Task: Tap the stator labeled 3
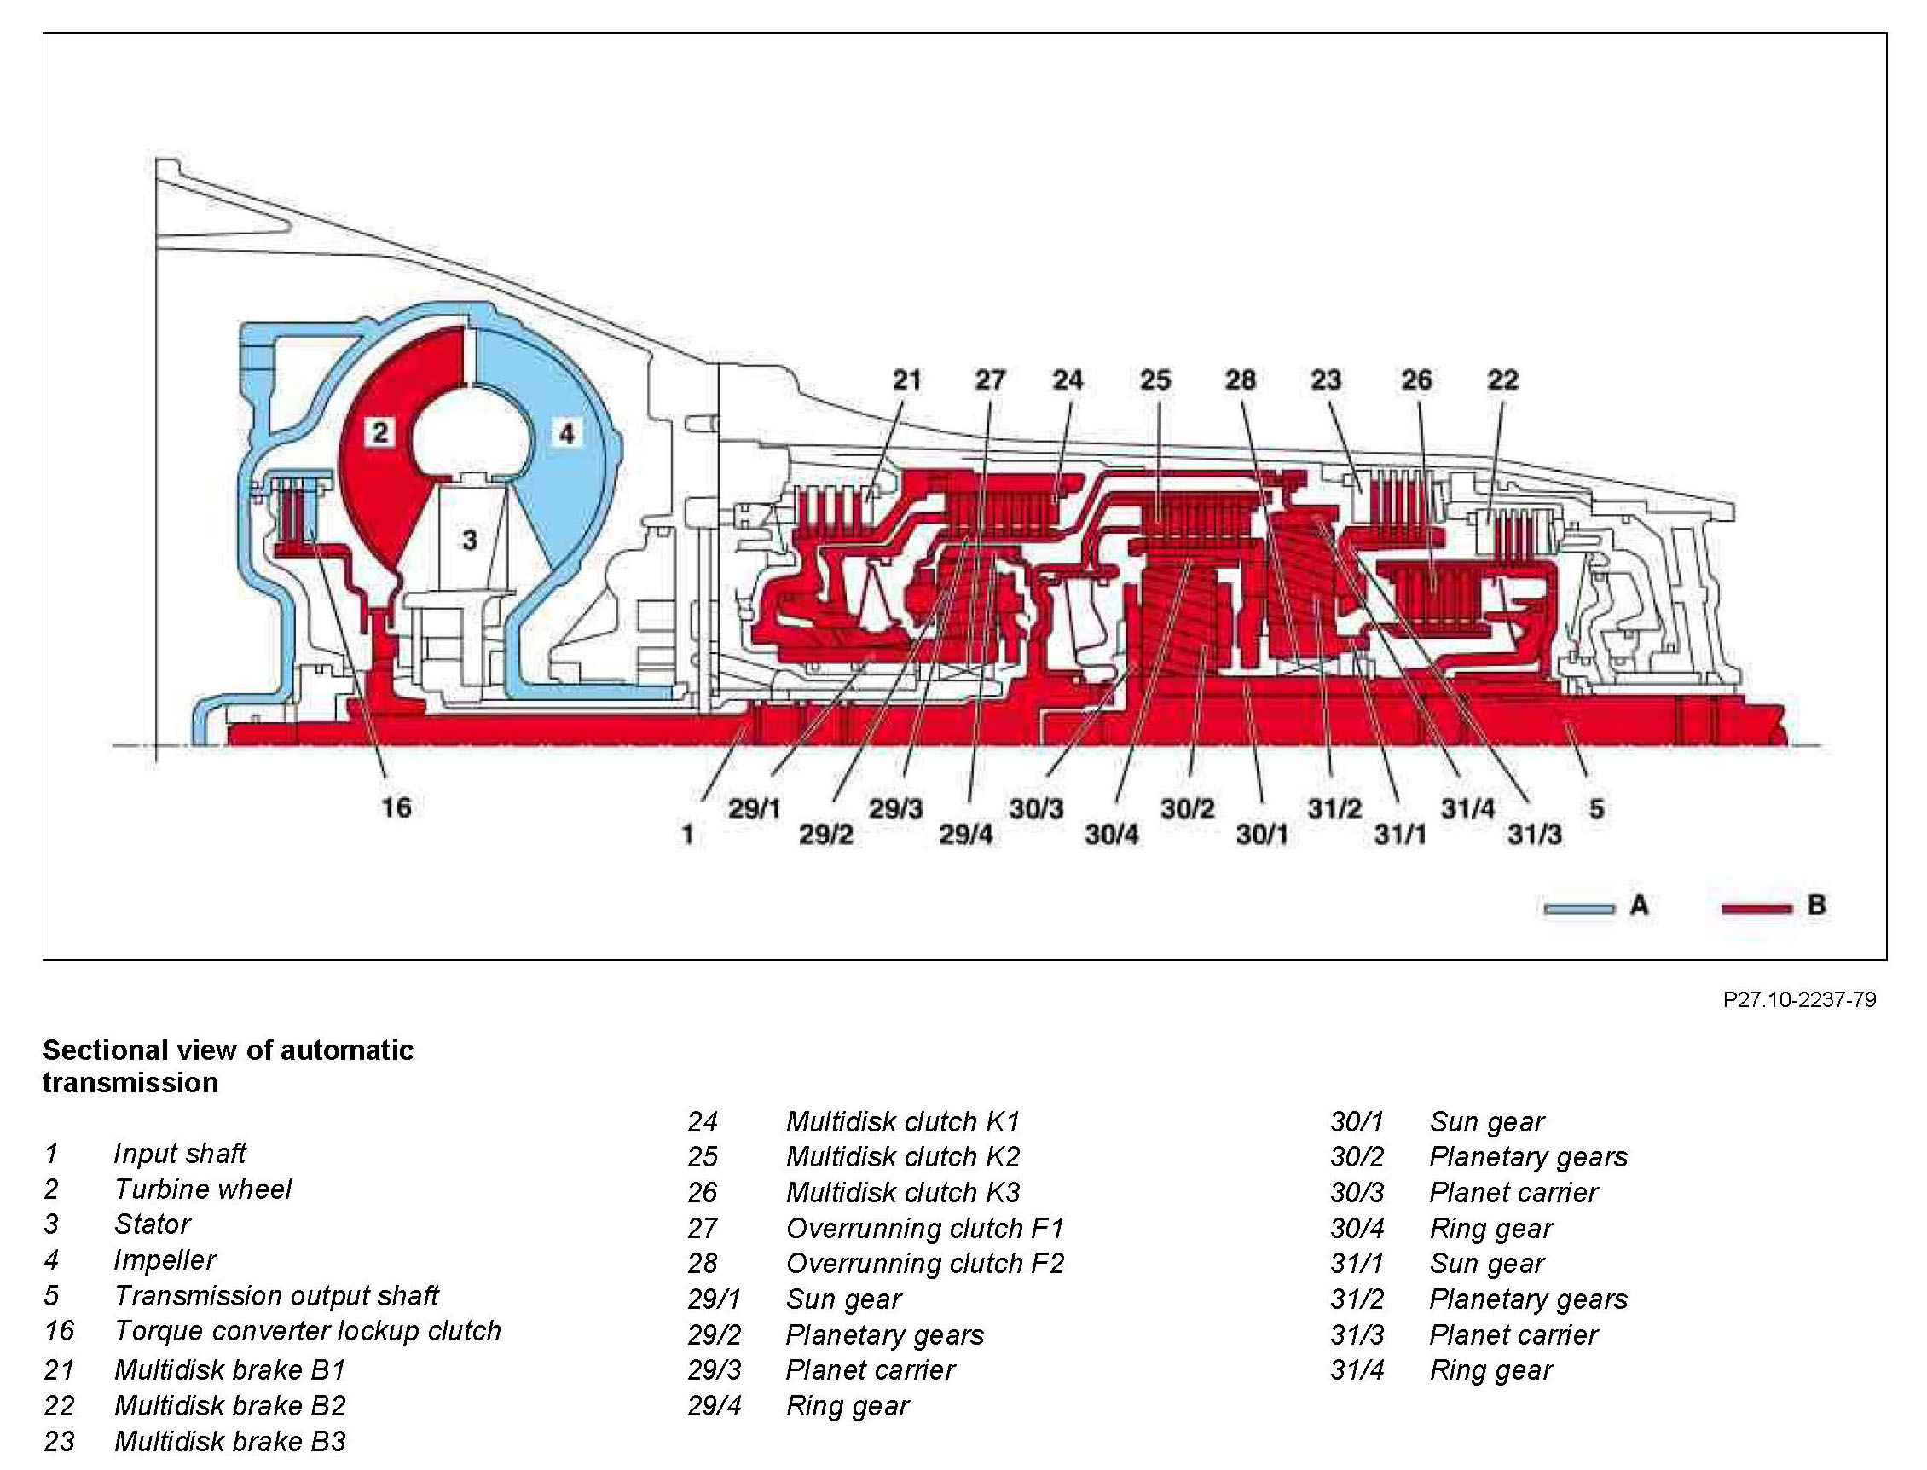tap(470, 540)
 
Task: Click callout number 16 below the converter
tap(396, 807)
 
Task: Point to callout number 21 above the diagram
tap(906, 379)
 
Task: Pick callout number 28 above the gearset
tap(1240, 379)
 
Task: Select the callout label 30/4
tap(1111, 836)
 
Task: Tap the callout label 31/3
tap(1534, 836)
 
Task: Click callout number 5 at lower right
tap(1597, 809)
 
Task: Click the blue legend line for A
tap(1580, 909)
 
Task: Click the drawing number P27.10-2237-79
tap(1799, 999)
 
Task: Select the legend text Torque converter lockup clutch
tap(307, 1331)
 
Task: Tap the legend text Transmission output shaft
tap(275, 1295)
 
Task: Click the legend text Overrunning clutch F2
tap(924, 1263)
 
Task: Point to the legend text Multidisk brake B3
tap(229, 1440)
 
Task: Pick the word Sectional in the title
tap(105, 1050)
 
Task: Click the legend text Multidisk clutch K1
tap(902, 1121)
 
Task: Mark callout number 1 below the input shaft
tap(688, 836)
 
